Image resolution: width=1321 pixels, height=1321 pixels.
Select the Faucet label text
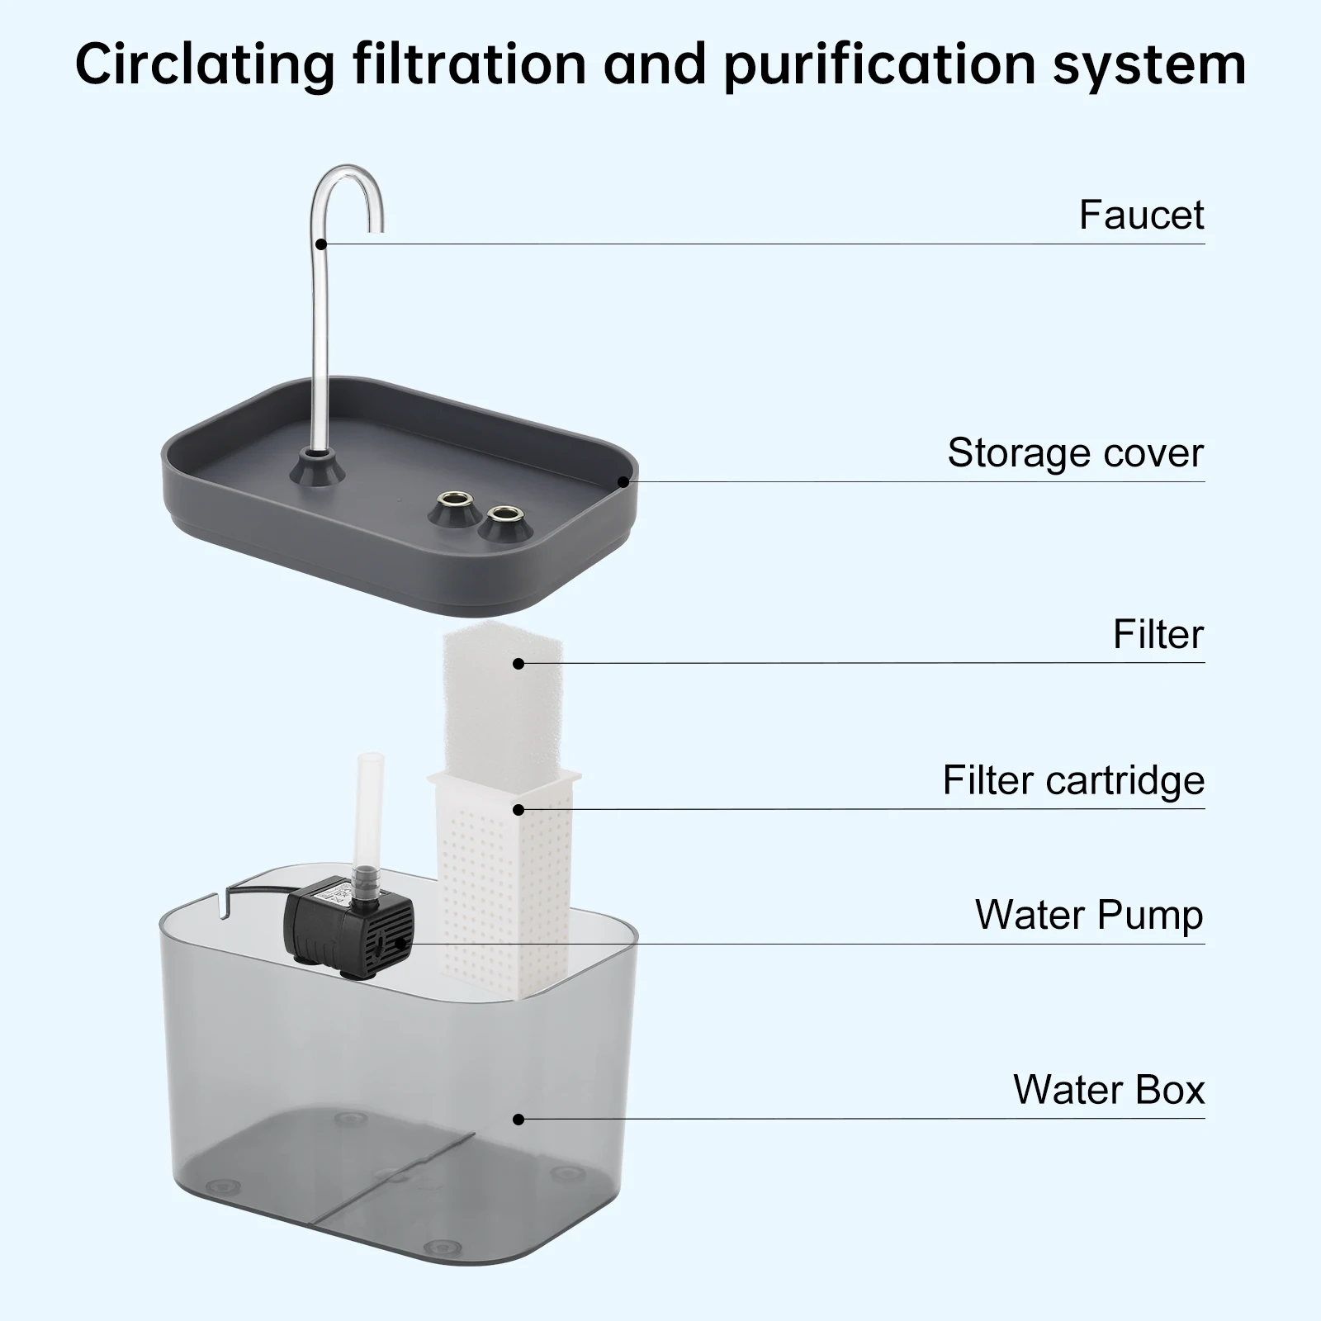[x=1141, y=215]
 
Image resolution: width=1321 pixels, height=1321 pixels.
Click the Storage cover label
[x=1075, y=453]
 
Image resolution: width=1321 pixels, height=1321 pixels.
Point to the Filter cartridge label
[x=1073, y=780]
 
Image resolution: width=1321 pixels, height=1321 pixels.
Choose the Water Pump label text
[x=1089, y=916]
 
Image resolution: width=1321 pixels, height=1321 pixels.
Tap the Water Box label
[x=1109, y=1090]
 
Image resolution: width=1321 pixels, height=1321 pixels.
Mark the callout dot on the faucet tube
[x=321, y=244]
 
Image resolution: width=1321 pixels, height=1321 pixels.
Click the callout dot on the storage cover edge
[x=623, y=481]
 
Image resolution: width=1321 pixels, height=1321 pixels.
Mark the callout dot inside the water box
[x=518, y=1120]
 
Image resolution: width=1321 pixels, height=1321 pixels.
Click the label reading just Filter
[x=1158, y=635]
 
